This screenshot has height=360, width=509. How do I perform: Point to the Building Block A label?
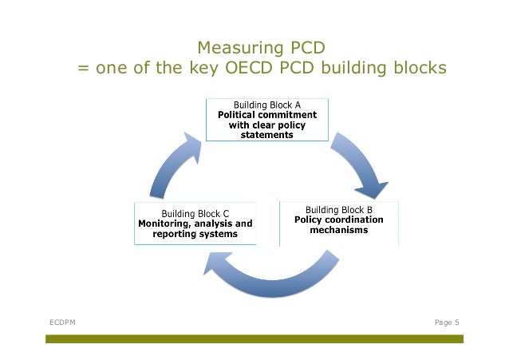coord(267,105)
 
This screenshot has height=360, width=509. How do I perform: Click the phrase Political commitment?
coord(267,115)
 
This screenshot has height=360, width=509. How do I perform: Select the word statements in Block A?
coord(267,135)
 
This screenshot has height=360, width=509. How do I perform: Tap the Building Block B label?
coord(339,209)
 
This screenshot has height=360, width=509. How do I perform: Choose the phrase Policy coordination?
coord(339,220)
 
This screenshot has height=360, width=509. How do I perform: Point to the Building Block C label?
coord(195,213)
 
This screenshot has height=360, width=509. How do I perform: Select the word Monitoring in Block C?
coord(167,224)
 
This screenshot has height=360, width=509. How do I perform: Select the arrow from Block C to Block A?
coord(172,164)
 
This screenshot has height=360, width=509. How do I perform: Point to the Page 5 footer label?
coord(447,322)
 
